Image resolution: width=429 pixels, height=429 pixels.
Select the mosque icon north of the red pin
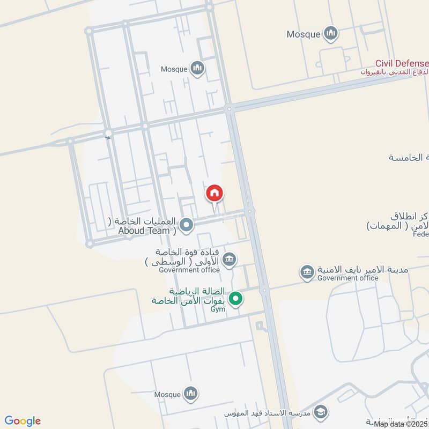tap(198, 69)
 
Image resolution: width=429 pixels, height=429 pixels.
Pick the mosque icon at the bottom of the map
tap(190, 395)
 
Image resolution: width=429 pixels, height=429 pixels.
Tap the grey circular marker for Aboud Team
tap(186, 225)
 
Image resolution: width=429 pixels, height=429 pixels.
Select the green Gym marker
tap(235, 299)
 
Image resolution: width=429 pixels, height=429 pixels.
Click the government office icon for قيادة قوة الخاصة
tap(229, 260)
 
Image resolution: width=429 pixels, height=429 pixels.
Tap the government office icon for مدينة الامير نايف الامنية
tap(307, 272)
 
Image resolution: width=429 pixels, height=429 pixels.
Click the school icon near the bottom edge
tap(321, 411)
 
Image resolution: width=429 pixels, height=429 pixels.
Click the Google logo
tap(23, 420)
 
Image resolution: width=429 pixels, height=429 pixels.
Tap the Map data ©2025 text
tap(401, 424)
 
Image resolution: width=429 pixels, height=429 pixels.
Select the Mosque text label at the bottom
tap(167, 395)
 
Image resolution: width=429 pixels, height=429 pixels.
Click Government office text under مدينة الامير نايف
tap(347, 278)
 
